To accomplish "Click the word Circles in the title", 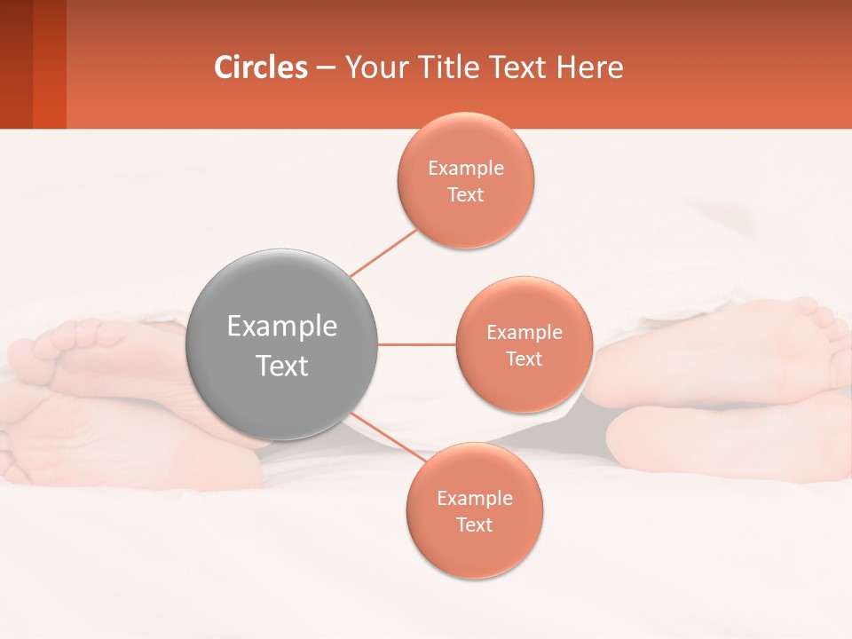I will tap(261, 67).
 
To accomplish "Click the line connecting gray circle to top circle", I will tap(383, 252).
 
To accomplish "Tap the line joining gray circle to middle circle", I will tap(417, 344).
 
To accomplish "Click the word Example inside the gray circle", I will tap(282, 326).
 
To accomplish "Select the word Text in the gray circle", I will tap(282, 366).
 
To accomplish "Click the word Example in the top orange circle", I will tap(466, 168).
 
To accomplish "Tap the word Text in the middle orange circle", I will tap(525, 359).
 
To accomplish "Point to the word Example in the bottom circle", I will tap(475, 498).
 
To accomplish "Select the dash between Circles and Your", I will tap(326, 68).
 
